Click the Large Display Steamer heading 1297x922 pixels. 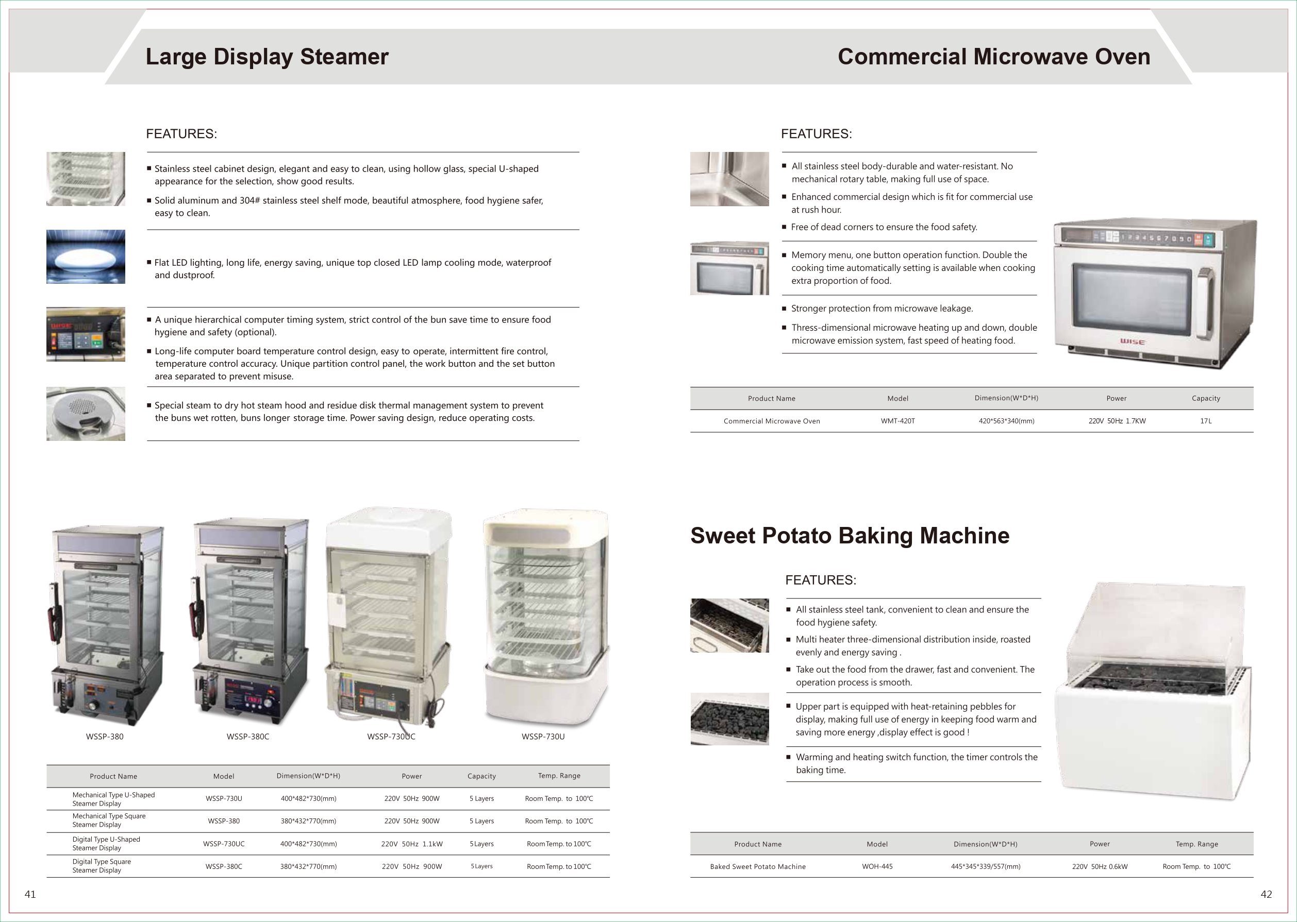(267, 57)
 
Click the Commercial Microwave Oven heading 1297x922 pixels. (994, 57)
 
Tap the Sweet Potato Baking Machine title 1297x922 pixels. (850, 535)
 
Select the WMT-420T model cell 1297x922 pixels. (897, 421)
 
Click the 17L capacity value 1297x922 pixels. (1206, 421)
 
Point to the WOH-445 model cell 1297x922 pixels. (877, 866)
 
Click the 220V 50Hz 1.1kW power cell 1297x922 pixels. (411, 844)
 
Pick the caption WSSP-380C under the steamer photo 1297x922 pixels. (247, 737)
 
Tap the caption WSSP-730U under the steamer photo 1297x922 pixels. (543, 737)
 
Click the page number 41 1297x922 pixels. (30, 894)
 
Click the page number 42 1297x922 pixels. (1266, 894)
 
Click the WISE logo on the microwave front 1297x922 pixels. (1132, 342)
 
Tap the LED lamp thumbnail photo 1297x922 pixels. (86, 257)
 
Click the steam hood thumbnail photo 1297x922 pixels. (86, 414)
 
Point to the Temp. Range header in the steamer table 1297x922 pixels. (559, 776)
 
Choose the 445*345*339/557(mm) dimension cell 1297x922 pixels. (985, 866)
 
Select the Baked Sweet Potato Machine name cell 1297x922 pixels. (757, 866)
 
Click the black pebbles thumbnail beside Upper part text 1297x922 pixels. (729, 719)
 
